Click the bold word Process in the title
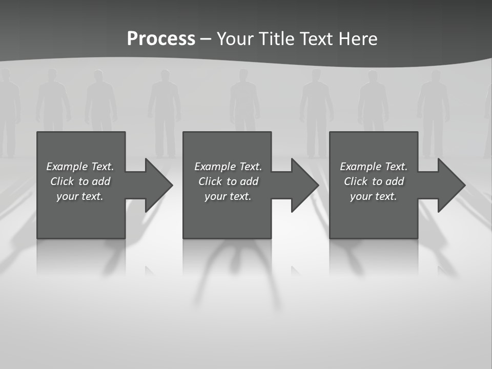pyautogui.click(x=161, y=39)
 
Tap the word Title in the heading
pyautogui.click(x=279, y=39)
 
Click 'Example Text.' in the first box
pyautogui.click(x=80, y=167)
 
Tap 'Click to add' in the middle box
pyautogui.click(x=228, y=181)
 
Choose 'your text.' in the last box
pyautogui.click(x=374, y=196)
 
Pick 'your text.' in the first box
pyautogui.click(x=80, y=196)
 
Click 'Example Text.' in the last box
pyautogui.click(x=374, y=167)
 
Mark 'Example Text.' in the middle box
pyautogui.click(x=228, y=167)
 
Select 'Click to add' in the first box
pyautogui.click(x=80, y=181)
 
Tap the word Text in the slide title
pyautogui.click(x=316, y=39)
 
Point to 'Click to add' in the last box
pyautogui.click(x=374, y=181)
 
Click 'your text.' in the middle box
pyautogui.click(x=228, y=196)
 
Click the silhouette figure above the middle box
pyautogui.click(x=244, y=100)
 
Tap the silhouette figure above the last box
pyautogui.click(x=373, y=100)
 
